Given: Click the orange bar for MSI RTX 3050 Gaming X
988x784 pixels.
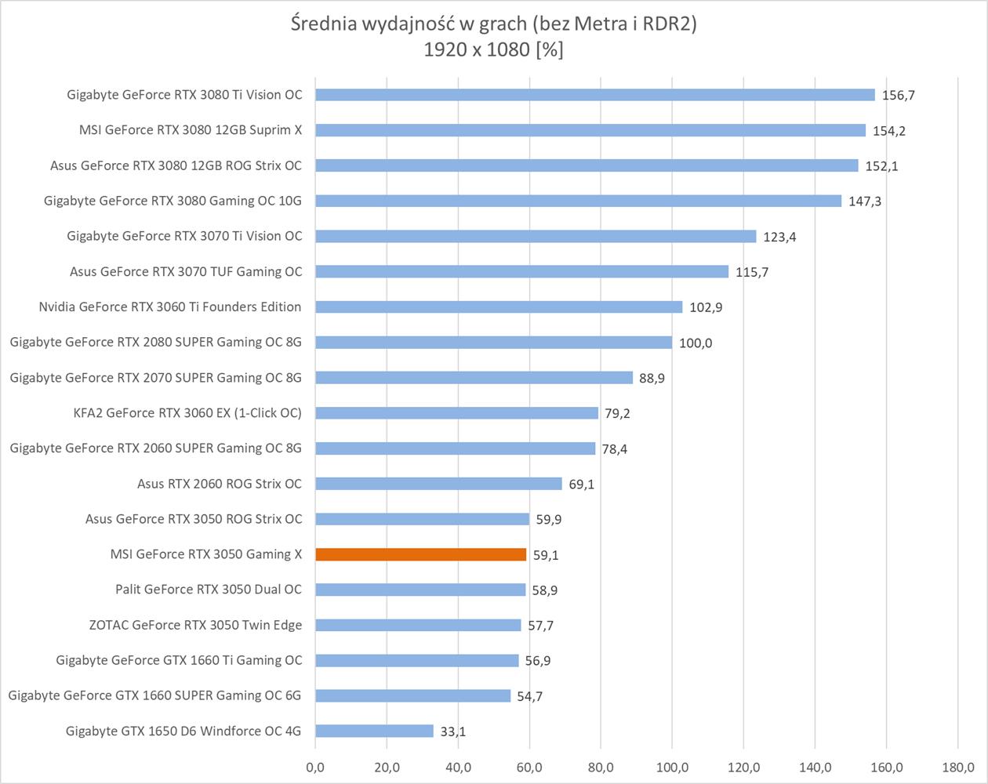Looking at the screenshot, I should pyautogui.click(x=420, y=554).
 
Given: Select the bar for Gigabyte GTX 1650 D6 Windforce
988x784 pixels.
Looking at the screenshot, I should pyautogui.click(x=374, y=731).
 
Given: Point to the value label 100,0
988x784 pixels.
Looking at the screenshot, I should pyautogui.click(x=696, y=343).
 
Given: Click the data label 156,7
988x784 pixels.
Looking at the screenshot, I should pyautogui.click(x=899, y=96).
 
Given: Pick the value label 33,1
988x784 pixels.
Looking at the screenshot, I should pyautogui.click(x=453, y=731).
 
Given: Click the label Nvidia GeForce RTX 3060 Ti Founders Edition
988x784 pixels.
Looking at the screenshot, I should pyautogui.click(x=170, y=307).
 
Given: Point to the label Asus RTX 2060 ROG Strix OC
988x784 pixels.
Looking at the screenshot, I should pyautogui.click(x=220, y=483).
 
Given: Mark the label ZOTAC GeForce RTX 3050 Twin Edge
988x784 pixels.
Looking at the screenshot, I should pyautogui.click(x=196, y=625).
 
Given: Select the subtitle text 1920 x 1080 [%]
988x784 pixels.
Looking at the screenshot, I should pyautogui.click(x=493, y=50).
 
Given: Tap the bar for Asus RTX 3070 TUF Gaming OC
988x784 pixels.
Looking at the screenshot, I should pyautogui.click(x=521, y=271).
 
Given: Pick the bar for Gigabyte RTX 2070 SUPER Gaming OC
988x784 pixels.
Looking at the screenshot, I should pyautogui.click(x=474, y=378).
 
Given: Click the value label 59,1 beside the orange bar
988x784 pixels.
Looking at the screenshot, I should pyautogui.click(x=546, y=555).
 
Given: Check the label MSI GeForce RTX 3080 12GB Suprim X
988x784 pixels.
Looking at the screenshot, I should pyautogui.click(x=191, y=130).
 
